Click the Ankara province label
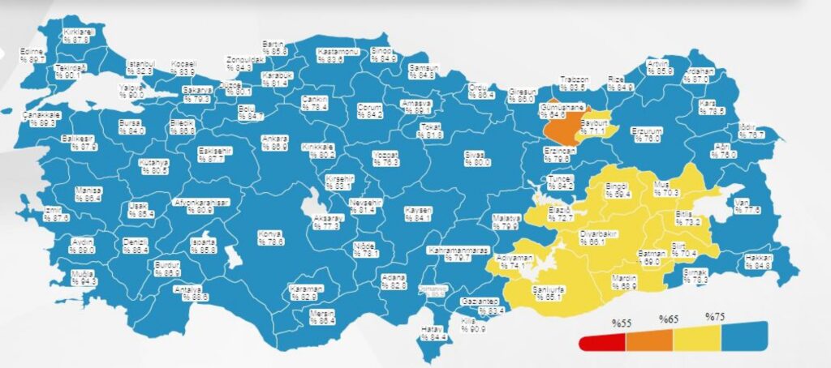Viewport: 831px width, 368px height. click(273, 142)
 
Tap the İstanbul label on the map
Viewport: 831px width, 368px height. click(140, 67)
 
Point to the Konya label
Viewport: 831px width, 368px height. click(269, 237)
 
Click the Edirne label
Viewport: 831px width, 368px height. click(32, 55)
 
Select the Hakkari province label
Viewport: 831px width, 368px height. click(757, 261)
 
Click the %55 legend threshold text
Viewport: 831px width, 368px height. click(622, 323)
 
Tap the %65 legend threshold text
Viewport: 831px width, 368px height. click(668, 319)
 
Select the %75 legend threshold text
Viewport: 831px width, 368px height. click(714, 316)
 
